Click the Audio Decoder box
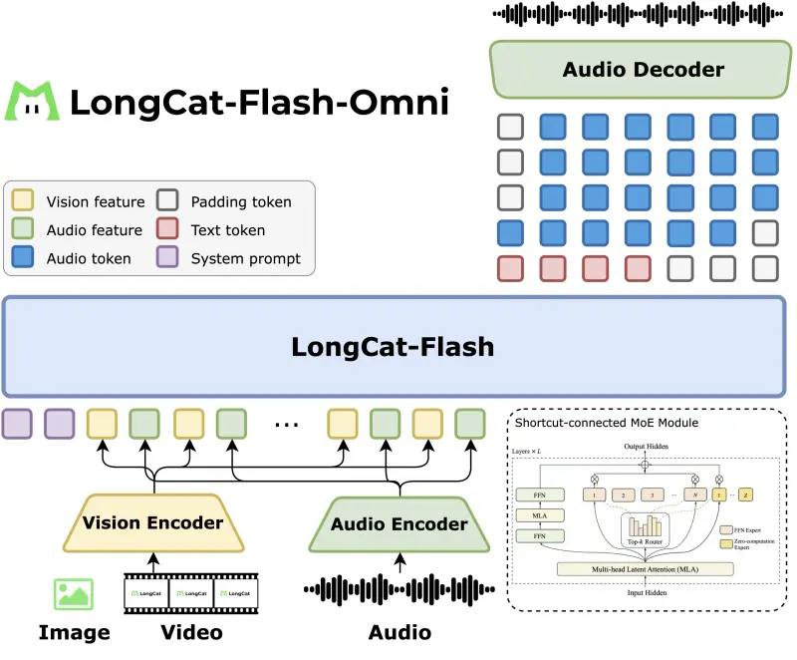pos(643,70)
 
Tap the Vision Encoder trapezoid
pos(153,522)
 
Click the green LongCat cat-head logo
pos(33,101)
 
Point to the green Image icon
pos(74,593)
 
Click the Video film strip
pos(190,593)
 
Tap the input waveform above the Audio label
pos(399,591)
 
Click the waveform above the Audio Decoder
pos(642,14)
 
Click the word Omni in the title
pos(399,102)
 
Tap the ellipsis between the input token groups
pos(286,424)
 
